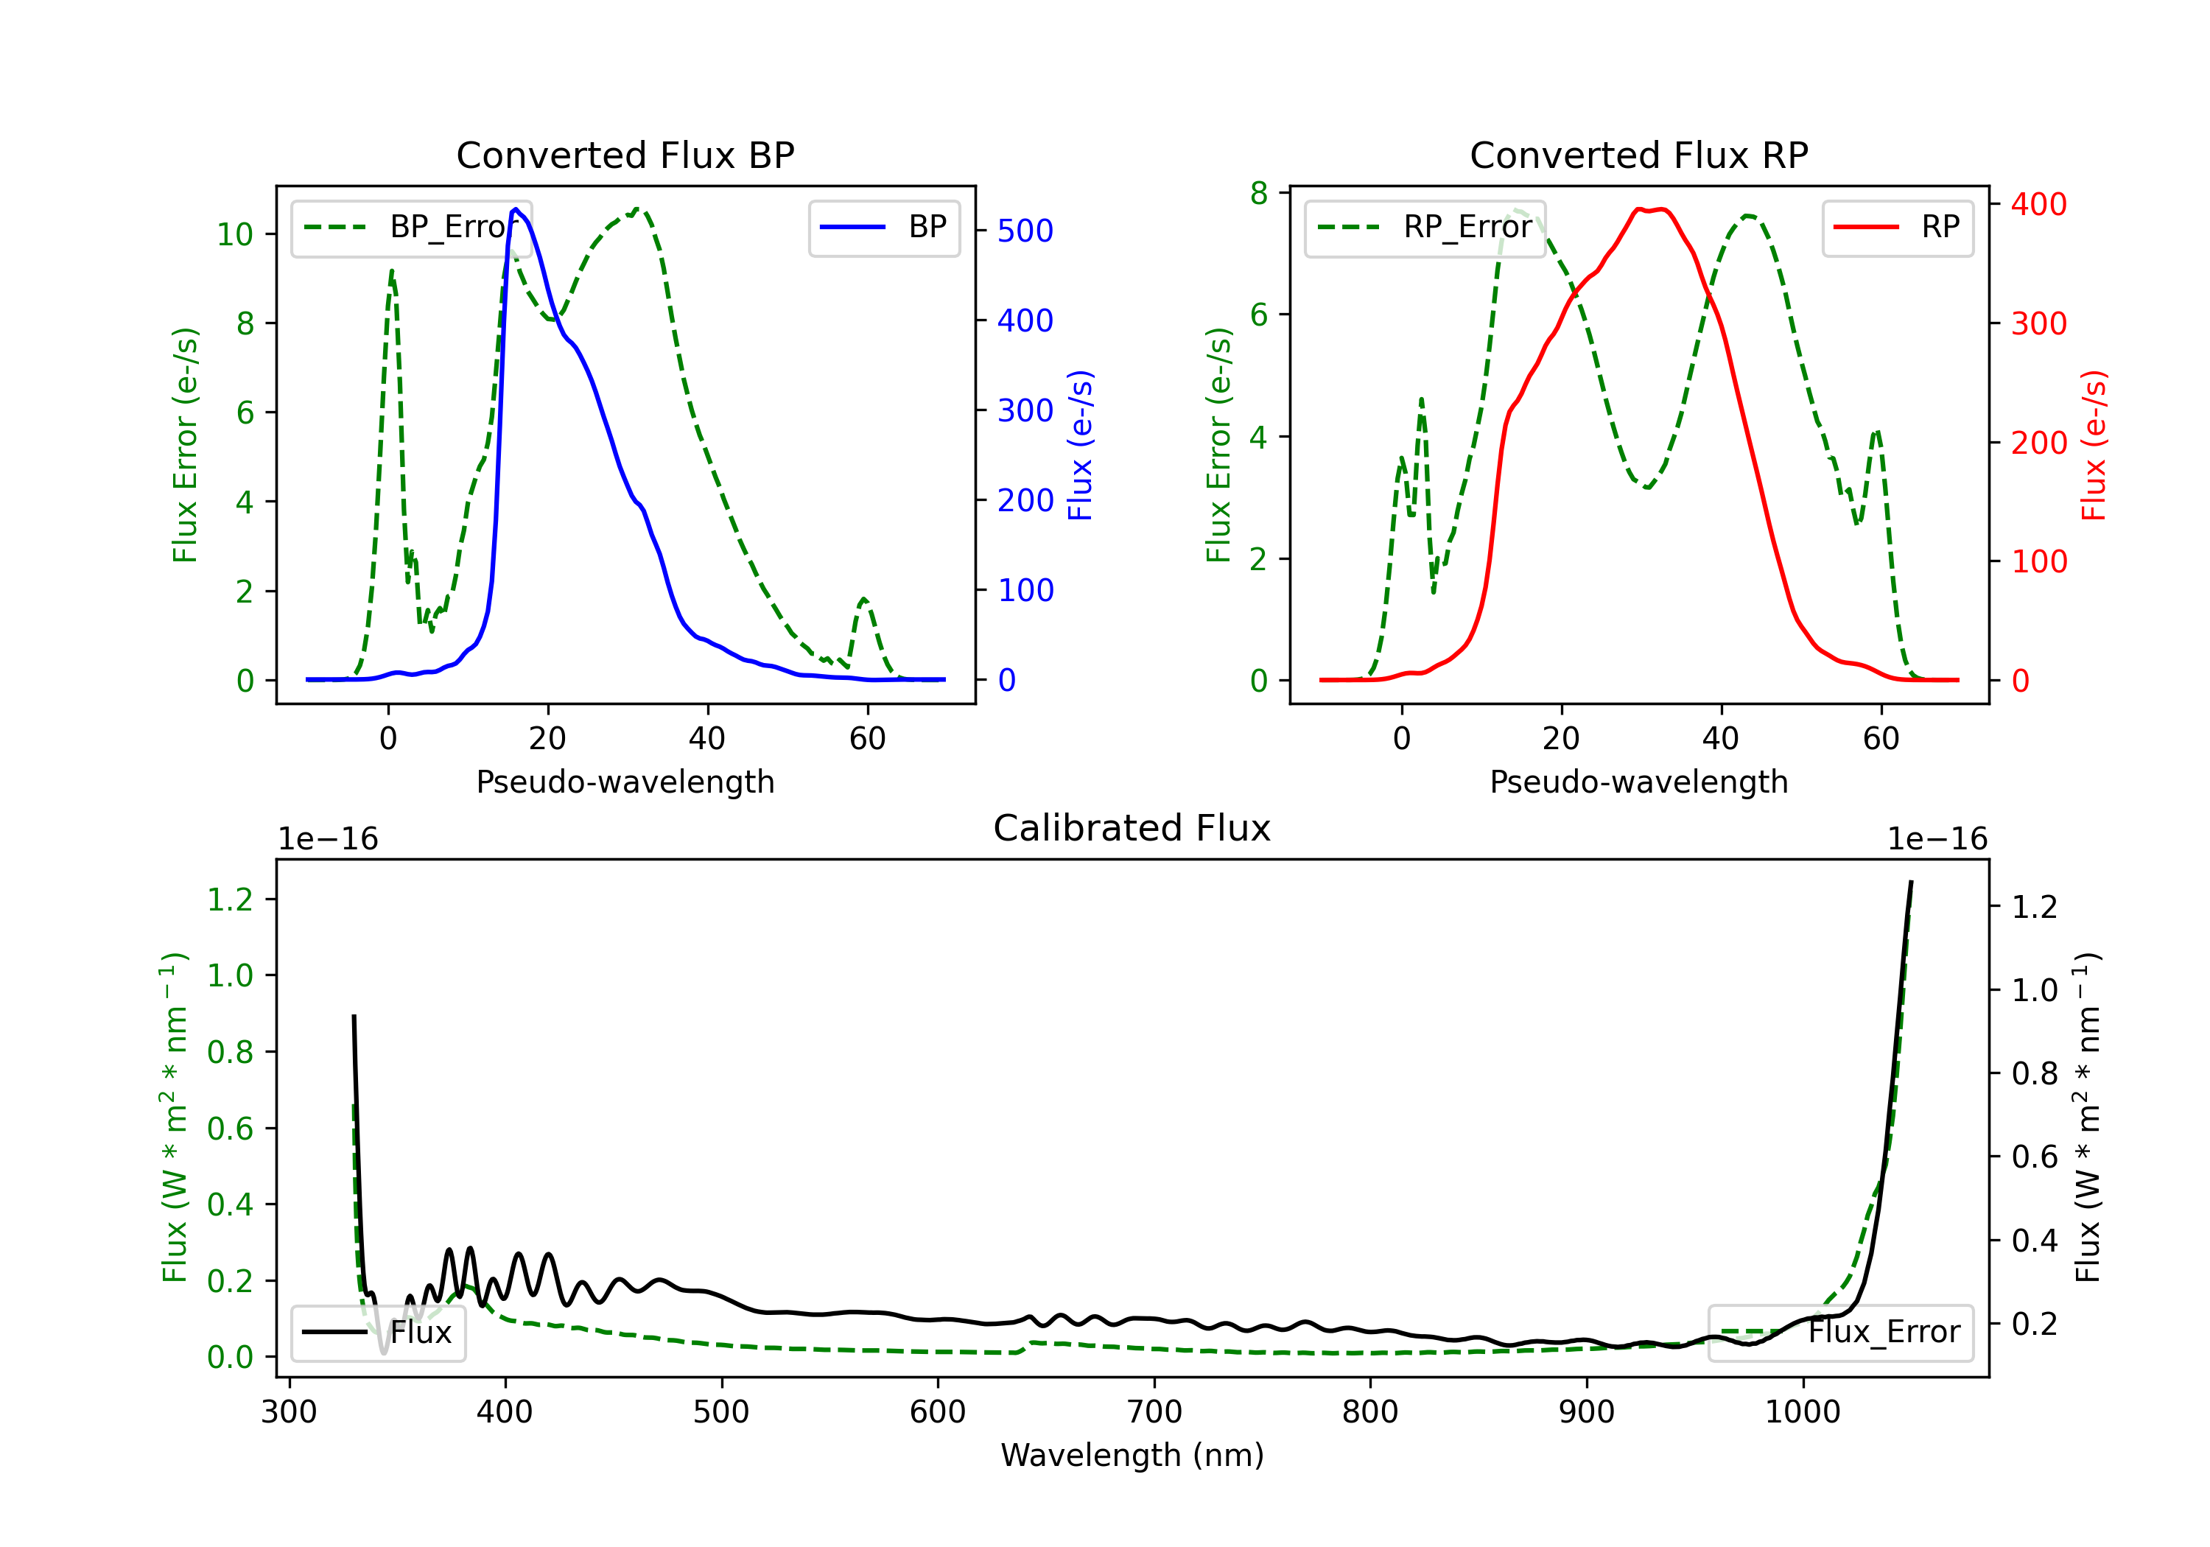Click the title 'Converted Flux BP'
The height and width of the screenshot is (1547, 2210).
click(x=625, y=155)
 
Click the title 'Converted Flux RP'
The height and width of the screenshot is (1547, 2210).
click(x=1638, y=155)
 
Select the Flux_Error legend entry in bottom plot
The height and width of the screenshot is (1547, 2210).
click(x=1839, y=1333)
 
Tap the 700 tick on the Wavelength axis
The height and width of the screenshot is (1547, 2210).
click(x=1154, y=1412)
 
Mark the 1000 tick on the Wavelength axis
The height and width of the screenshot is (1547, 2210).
click(x=1803, y=1412)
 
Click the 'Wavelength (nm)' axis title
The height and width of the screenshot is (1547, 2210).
click(x=1132, y=1455)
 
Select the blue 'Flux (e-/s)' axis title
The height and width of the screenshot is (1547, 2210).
click(x=1080, y=446)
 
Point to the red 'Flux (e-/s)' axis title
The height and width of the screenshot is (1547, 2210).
click(x=2094, y=446)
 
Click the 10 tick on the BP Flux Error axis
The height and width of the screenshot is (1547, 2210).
click(x=235, y=234)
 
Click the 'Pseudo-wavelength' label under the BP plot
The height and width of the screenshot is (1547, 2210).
click(x=625, y=782)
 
